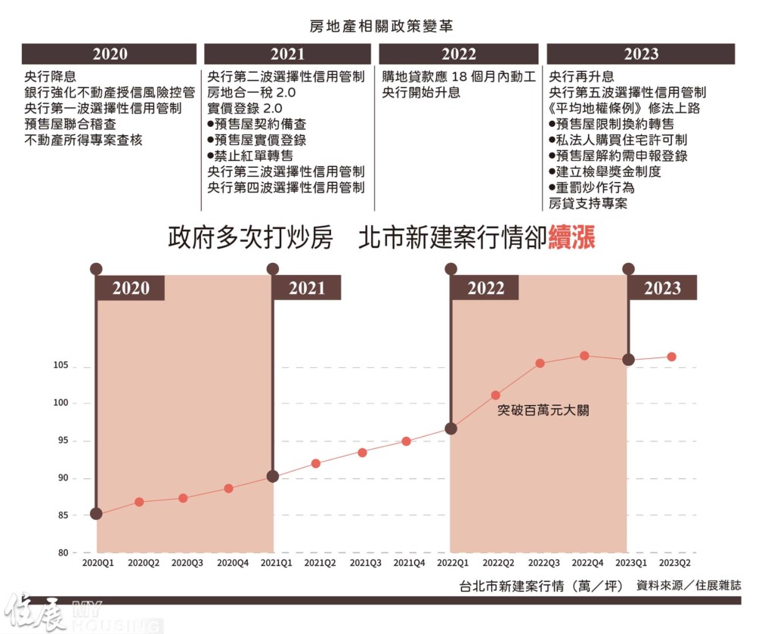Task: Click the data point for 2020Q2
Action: (139, 502)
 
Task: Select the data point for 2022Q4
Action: (584, 355)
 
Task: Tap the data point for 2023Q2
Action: (671, 357)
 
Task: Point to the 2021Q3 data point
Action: (362, 453)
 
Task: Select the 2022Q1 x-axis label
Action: (451, 563)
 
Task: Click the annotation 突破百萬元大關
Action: (542, 411)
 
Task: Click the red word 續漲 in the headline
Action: (572, 238)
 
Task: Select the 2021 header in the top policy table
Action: (287, 54)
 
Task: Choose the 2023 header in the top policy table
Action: (640, 54)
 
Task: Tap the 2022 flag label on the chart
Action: (485, 288)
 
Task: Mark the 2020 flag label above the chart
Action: (131, 288)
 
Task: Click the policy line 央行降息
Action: (50, 76)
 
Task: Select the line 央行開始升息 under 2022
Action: (421, 92)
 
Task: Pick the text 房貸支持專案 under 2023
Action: (587, 203)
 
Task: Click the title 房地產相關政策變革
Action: (381, 26)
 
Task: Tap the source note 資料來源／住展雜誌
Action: (689, 585)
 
